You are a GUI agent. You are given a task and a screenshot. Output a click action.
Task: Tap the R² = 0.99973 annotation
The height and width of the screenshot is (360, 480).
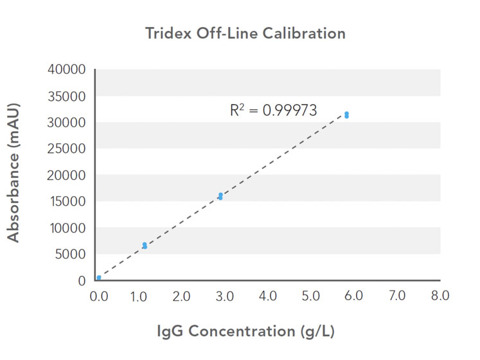(x=274, y=111)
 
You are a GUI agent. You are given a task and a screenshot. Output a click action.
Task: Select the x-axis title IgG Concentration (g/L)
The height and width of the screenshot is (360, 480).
(x=246, y=332)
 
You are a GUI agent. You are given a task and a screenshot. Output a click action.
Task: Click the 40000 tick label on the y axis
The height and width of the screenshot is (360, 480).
(x=67, y=69)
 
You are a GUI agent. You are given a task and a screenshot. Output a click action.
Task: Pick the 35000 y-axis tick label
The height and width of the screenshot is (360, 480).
(x=67, y=96)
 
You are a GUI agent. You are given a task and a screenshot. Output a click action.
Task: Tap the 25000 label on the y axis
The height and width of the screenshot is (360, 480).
(x=67, y=148)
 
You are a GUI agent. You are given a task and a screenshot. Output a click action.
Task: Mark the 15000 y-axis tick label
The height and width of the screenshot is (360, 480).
(x=67, y=202)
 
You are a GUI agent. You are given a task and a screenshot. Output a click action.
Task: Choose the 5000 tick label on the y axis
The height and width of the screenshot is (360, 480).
(x=70, y=255)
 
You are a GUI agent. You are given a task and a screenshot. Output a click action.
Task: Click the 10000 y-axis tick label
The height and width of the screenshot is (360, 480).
(x=67, y=228)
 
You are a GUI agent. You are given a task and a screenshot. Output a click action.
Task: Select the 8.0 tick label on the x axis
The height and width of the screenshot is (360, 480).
(x=440, y=296)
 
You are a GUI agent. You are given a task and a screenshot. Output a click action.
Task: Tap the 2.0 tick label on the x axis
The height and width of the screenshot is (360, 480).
(x=182, y=296)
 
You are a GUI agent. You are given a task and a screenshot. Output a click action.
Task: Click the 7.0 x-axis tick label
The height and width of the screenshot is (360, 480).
(x=398, y=296)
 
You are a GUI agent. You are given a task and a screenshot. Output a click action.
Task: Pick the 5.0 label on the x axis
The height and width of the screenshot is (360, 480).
(x=311, y=296)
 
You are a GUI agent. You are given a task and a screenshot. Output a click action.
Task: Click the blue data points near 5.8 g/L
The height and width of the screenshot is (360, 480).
(x=346, y=115)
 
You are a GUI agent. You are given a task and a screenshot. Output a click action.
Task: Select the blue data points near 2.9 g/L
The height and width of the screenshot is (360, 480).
(x=220, y=196)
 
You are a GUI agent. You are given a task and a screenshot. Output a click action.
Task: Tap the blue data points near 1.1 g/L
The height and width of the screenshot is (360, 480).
(x=145, y=246)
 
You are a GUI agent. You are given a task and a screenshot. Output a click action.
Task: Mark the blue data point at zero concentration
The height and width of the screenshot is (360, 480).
(x=99, y=278)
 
